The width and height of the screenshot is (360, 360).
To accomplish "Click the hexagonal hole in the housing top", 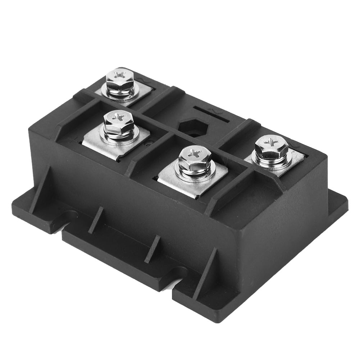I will point(194,127).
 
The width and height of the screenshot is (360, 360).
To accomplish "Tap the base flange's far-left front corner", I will point(16,209).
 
